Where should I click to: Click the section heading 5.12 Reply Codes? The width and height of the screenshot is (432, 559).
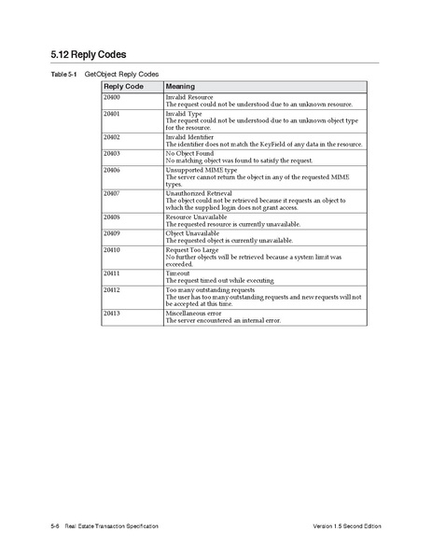[88, 54]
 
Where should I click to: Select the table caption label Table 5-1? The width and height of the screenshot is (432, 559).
[63, 73]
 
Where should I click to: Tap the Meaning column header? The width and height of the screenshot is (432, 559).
[180, 86]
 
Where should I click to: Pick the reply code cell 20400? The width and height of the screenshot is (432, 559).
[112, 96]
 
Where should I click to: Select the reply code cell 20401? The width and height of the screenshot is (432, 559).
[112, 113]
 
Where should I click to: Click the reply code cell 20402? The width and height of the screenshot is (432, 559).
[112, 136]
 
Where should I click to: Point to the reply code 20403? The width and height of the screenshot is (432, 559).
[112, 152]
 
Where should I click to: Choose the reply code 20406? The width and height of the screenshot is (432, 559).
[112, 170]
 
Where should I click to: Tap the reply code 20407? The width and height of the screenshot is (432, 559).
[112, 193]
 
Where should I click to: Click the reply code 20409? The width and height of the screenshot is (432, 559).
[112, 232]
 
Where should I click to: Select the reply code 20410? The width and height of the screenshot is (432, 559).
[112, 249]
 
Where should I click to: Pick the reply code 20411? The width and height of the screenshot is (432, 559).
[112, 273]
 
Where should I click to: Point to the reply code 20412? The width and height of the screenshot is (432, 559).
[112, 289]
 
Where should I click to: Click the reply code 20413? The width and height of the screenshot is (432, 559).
[112, 313]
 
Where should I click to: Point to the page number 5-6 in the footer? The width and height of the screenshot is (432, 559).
[55, 528]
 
